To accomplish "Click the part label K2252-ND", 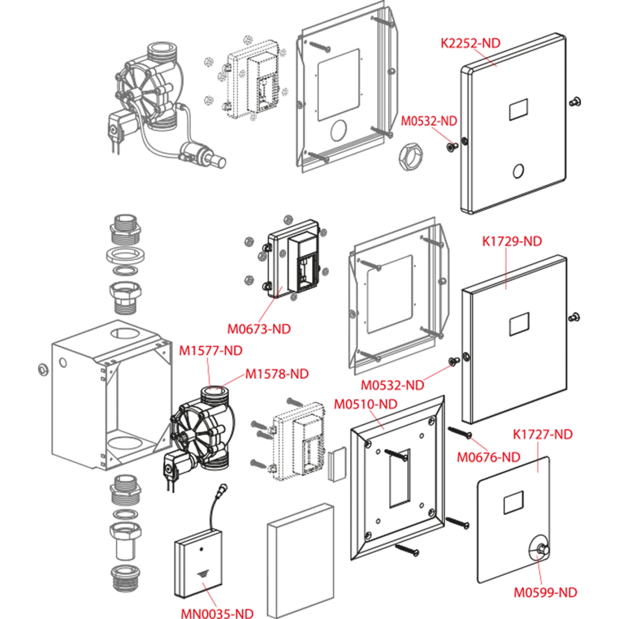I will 470,43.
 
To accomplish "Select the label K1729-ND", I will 512,241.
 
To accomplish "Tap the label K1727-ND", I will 542,434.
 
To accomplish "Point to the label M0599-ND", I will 545,592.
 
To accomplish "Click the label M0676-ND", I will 488,457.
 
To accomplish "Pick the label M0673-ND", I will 259,329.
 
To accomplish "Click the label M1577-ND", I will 210,350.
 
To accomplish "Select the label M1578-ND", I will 277,374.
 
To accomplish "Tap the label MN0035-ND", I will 217,613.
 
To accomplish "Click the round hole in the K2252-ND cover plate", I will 518,171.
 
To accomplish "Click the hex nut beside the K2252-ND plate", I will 408,157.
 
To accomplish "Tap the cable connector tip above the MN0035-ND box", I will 224,488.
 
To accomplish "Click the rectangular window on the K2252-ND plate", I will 518,110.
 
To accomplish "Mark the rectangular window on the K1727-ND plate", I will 513,503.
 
